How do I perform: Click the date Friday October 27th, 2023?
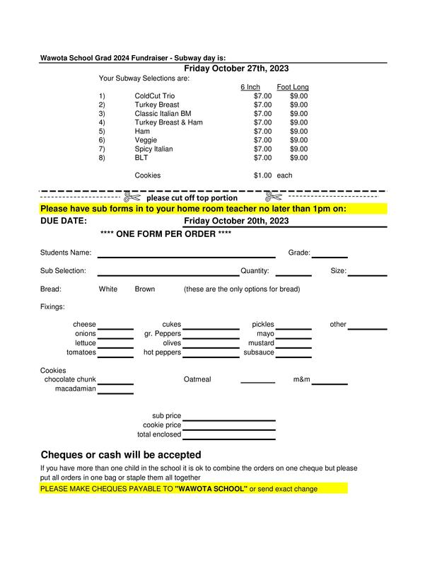(236, 69)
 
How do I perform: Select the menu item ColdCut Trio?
(154, 96)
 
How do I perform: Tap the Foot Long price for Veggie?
(298, 140)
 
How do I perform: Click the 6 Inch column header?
(250, 87)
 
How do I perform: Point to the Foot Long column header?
(293, 87)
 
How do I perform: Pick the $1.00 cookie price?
(262, 175)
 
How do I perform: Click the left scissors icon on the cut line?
(132, 197)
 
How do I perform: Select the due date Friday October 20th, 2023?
(236, 221)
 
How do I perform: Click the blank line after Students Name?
(186, 256)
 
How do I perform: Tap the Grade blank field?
(330, 256)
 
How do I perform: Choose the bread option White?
(108, 289)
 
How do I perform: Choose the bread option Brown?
(145, 289)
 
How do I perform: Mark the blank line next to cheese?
(115, 328)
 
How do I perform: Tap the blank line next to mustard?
(293, 346)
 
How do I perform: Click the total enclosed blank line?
(228, 438)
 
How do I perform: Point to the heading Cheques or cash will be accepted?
(121, 455)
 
